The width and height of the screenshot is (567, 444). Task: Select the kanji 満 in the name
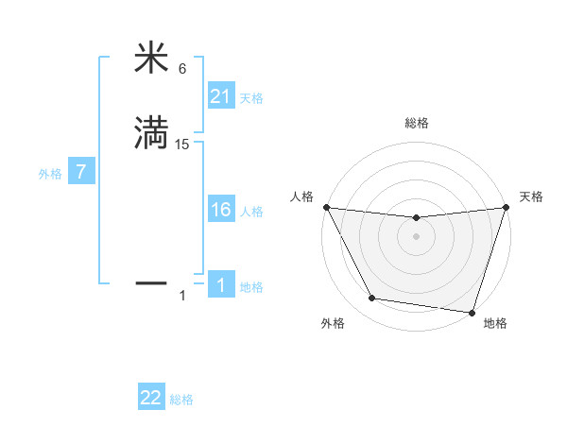151,131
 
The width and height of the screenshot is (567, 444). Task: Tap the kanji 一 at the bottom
151,282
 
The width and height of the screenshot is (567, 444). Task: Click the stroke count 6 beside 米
182,69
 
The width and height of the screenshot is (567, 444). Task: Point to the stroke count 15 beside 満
182,145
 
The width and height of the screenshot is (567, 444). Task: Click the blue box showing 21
220,95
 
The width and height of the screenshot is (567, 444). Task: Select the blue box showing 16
220,210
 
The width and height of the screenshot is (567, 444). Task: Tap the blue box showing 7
82,173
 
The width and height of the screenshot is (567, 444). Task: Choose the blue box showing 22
151,398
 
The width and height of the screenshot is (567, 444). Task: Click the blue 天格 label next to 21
251,98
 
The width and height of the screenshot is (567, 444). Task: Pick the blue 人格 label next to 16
251,212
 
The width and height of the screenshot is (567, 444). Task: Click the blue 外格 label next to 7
50,175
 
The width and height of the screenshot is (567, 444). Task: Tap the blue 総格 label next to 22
181,401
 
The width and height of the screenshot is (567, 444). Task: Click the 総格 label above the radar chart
416,123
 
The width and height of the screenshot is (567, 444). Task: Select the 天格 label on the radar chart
531,196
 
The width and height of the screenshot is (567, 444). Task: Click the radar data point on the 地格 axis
472,312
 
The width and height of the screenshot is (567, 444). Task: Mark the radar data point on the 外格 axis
372,299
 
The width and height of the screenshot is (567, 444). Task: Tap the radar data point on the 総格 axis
416,218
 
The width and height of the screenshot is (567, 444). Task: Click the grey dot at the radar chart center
416,236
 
